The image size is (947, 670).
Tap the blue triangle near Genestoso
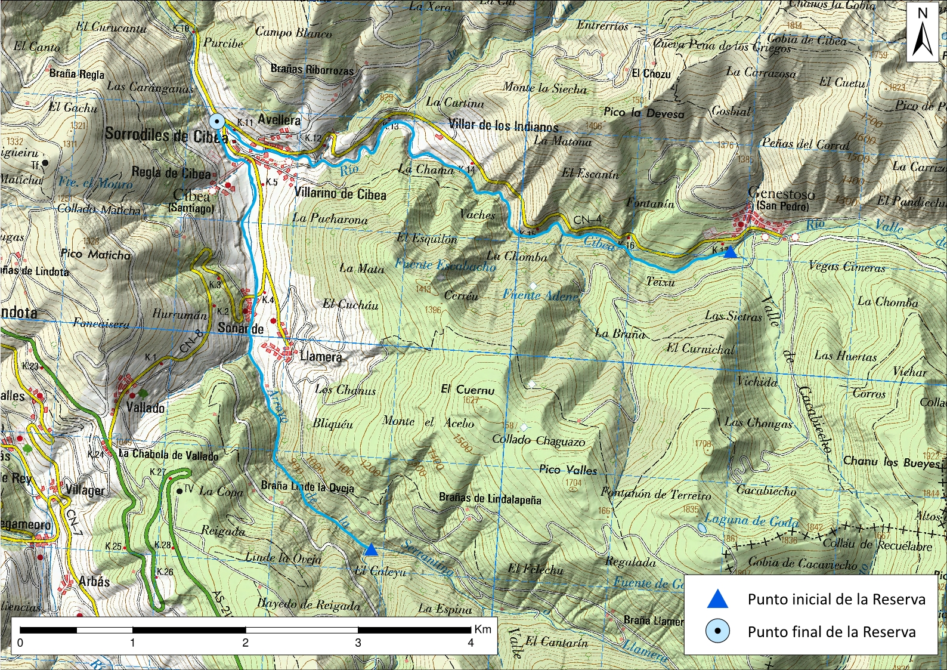click(x=730, y=252)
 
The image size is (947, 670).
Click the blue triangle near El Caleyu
click(x=371, y=549)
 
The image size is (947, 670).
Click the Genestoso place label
click(x=781, y=193)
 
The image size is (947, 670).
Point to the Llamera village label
click(x=321, y=357)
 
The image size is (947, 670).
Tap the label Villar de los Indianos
click(x=503, y=126)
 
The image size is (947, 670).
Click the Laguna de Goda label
click(x=751, y=520)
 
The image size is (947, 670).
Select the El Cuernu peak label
click(x=468, y=390)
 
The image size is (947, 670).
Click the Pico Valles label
click(x=568, y=470)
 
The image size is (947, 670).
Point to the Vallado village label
click(x=145, y=408)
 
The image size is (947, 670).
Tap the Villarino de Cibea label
click(x=341, y=194)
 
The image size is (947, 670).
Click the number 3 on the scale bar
click(x=358, y=643)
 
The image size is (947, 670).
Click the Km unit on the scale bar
click(x=483, y=629)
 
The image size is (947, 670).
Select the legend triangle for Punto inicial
click(x=717, y=599)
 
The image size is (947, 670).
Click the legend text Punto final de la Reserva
click(x=831, y=632)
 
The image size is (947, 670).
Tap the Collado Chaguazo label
click(x=538, y=440)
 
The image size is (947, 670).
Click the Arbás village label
click(x=94, y=581)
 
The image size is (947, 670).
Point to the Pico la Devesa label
click(x=644, y=113)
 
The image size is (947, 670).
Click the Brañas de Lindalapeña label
click(x=490, y=498)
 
